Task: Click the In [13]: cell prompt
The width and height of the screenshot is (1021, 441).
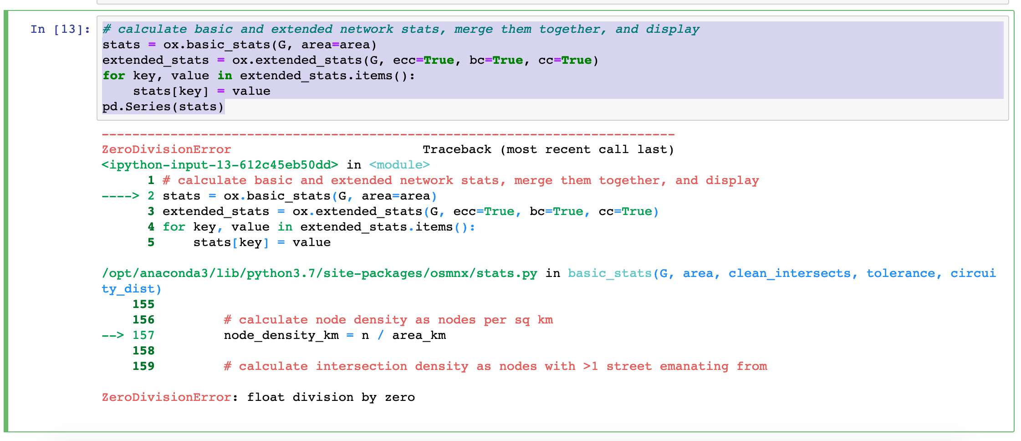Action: (x=60, y=30)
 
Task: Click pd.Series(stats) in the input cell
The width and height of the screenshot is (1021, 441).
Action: (x=163, y=107)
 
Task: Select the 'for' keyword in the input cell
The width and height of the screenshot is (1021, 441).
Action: (x=113, y=76)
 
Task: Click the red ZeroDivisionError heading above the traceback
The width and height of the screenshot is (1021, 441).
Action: (x=166, y=150)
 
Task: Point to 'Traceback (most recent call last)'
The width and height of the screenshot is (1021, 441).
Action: (x=548, y=150)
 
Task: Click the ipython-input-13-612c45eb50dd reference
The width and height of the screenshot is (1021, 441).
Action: (x=220, y=165)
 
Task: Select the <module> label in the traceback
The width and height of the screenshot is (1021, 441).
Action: (x=399, y=165)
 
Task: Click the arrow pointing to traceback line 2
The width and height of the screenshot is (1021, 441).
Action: (x=120, y=196)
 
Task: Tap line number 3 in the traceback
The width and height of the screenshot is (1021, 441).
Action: (x=151, y=212)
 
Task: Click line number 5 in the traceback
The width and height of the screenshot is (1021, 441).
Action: (x=151, y=243)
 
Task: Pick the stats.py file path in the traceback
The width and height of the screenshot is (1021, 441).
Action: (x=319, y=274)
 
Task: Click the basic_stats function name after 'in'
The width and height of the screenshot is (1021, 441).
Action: (x=610, y=274)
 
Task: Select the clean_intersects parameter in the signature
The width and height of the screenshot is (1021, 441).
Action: (x=789, y=274)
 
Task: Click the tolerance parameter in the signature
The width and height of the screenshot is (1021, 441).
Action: (x=900, y=274)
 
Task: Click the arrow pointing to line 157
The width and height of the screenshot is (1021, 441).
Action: (x=112, y=336)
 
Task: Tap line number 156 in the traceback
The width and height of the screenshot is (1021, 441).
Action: (x=143, y=320)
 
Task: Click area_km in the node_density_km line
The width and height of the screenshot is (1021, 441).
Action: (x=419, y=336)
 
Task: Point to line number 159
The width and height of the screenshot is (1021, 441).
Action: (x=143, y=367)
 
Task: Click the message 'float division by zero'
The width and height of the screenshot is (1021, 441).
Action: (x=331, y=398)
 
